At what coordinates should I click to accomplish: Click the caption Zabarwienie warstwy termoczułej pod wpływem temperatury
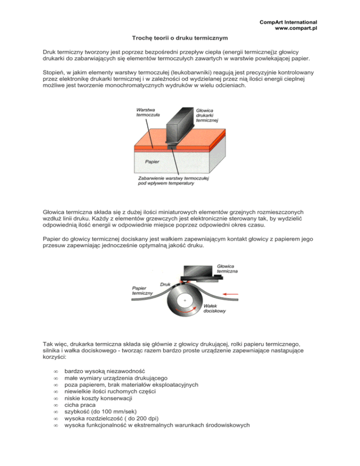click(174, 181)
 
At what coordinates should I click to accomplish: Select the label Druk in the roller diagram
click(165, 285)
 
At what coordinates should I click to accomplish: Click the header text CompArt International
click(288, 22)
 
